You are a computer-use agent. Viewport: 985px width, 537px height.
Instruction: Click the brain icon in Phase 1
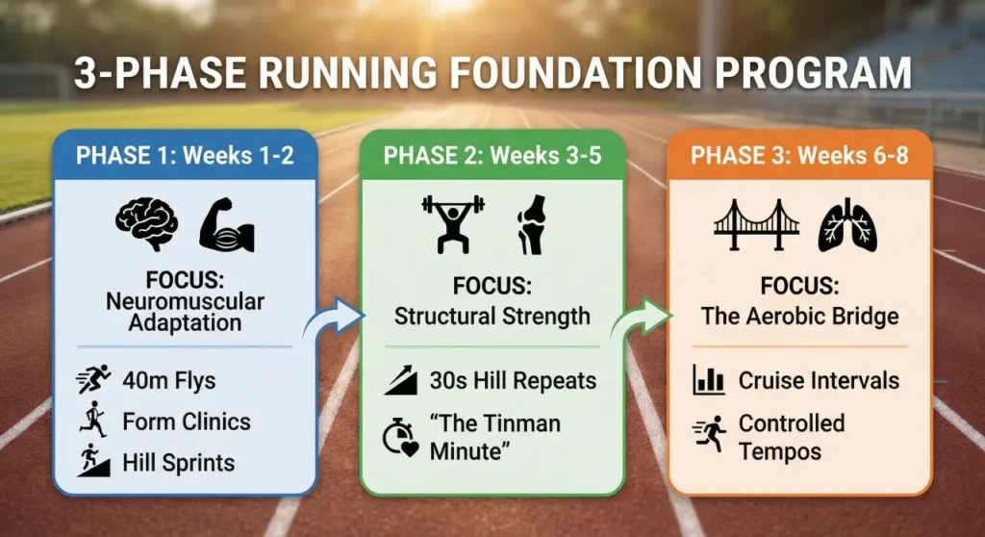point(146,225)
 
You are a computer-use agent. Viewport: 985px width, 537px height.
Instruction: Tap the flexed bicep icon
point(226,225)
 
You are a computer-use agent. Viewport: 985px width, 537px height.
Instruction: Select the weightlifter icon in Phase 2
point(453,224)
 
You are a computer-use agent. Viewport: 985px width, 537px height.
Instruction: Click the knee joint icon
point(530,224)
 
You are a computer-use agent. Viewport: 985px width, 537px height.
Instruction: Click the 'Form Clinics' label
point(187,421)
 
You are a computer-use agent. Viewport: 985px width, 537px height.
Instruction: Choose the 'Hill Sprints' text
point(179,463)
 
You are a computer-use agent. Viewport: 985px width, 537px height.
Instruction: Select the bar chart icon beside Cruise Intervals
point(709,380)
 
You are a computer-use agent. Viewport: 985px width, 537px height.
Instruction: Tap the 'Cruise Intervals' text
point(819,380)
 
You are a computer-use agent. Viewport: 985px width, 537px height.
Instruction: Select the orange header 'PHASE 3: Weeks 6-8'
point(799,156)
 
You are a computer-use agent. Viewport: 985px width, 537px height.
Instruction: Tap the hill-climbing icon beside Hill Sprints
point(93,463)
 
